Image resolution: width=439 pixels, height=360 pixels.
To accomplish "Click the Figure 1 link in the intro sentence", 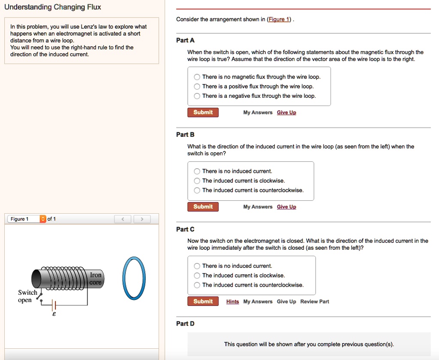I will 279,19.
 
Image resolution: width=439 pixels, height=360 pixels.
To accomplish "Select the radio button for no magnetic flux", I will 197,77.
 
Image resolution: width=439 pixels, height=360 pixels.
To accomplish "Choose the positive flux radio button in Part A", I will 197,87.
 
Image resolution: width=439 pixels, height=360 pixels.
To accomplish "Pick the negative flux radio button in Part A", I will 197,96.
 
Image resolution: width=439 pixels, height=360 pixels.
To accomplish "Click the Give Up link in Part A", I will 286,112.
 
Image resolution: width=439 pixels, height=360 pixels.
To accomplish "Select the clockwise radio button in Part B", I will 197,181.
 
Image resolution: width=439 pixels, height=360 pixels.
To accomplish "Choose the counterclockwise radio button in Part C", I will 197,285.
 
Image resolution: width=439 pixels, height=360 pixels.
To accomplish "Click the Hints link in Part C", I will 232,302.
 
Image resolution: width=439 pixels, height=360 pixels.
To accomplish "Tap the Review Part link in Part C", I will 315,302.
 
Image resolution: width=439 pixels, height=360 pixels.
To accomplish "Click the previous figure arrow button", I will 123,219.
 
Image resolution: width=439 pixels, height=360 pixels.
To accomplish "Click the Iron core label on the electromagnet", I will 96,278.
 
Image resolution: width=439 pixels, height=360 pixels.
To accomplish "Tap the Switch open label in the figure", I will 27,296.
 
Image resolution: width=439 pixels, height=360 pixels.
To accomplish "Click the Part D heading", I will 185,324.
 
